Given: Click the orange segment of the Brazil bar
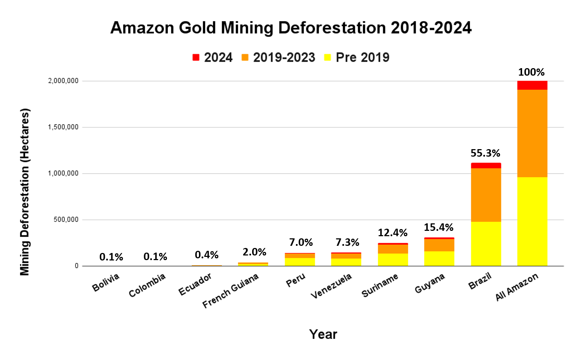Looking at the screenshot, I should [486, 194].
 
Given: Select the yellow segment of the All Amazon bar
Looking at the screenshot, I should [532, 221].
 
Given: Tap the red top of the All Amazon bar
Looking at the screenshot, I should [532, 85].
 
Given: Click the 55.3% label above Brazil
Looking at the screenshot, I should [485, 153].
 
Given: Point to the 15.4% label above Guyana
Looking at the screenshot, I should [438, 227].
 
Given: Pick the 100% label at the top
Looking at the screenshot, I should [531, 72].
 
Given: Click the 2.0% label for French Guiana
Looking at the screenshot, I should [254, 252].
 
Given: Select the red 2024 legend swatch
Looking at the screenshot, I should [196, 57].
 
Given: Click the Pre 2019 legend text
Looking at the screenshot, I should [362, 57].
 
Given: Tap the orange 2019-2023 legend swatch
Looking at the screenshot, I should [245, 57].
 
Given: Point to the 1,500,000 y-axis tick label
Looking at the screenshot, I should [63, 127].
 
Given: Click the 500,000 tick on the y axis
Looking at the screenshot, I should [66, 220].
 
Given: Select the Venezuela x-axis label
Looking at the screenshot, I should [331, 286].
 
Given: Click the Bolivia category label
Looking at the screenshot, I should [106, 282].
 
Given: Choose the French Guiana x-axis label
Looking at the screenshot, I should [230, 291].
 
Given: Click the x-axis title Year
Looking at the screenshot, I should [323, 334].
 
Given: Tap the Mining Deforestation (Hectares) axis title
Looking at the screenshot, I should [25, 192].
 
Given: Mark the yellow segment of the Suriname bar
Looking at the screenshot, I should [393, 259].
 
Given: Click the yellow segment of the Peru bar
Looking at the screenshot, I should [300, 262].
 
